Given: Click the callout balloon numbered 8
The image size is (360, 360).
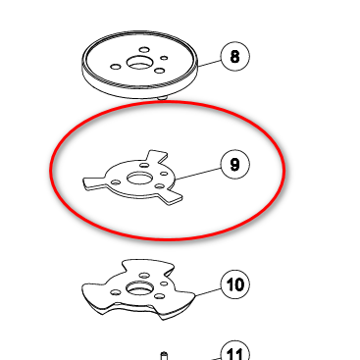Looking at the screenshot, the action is [x=235, y=56].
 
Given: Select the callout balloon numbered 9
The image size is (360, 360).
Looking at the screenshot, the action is [x=235, y=164].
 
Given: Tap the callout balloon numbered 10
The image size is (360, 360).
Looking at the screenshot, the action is [x=235, y=284].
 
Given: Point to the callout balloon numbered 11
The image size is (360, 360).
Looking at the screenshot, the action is [x=235, y=351].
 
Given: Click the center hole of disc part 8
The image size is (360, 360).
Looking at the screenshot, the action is [x=139, y=63].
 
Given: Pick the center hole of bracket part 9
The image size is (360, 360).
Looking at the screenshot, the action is [x=139, y=179].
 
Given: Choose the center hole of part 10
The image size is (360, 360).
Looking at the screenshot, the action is [x=139, y=288].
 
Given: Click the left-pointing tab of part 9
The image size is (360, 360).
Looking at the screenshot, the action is [x=94, y=183].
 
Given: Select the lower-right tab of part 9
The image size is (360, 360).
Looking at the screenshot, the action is [x=171, y=197].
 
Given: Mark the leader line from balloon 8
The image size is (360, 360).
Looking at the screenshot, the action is [x=209, y=63].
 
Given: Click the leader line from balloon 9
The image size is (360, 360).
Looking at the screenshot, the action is [x=198, y=174].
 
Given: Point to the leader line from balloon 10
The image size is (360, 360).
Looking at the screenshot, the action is [x=208, y=292].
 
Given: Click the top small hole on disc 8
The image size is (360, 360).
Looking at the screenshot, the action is [x=144, y=50].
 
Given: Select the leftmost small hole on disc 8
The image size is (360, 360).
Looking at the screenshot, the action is [x=116, y=67].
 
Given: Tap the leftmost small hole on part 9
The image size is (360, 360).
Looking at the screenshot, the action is [x=115, y=182].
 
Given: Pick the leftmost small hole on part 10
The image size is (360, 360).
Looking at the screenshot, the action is [x=115, y=292].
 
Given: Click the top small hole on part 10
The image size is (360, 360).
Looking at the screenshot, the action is [x=144, y=276].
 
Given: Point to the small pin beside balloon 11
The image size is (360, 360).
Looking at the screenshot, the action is [x=164, y=356].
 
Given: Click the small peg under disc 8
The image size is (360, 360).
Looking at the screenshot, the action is [x=163, y=97].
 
